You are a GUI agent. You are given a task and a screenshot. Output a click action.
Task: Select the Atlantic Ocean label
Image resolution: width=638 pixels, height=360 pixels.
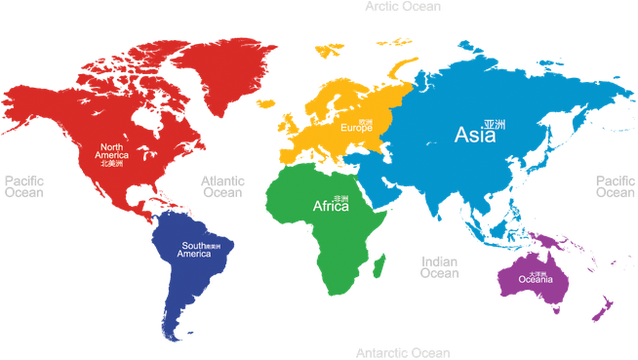(222, 187)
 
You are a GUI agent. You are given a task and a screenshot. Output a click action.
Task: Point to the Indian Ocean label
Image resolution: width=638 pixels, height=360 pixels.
(439, 267)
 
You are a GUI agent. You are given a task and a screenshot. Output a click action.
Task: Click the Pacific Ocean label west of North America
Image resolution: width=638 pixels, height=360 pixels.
(24, 187)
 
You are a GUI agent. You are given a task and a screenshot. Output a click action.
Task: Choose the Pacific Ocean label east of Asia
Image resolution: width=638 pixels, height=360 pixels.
(616, 187)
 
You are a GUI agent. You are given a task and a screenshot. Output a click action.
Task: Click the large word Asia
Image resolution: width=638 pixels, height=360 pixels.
(475, 136)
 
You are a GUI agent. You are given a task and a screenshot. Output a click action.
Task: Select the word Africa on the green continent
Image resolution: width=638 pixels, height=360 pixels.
(330, 207)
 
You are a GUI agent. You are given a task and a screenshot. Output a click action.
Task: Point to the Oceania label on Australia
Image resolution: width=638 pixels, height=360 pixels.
(536, 280)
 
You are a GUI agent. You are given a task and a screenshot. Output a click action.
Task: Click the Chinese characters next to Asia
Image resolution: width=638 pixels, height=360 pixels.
(495, 125)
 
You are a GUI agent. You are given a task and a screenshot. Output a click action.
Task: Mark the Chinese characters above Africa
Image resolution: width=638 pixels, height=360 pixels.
(340, 196)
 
